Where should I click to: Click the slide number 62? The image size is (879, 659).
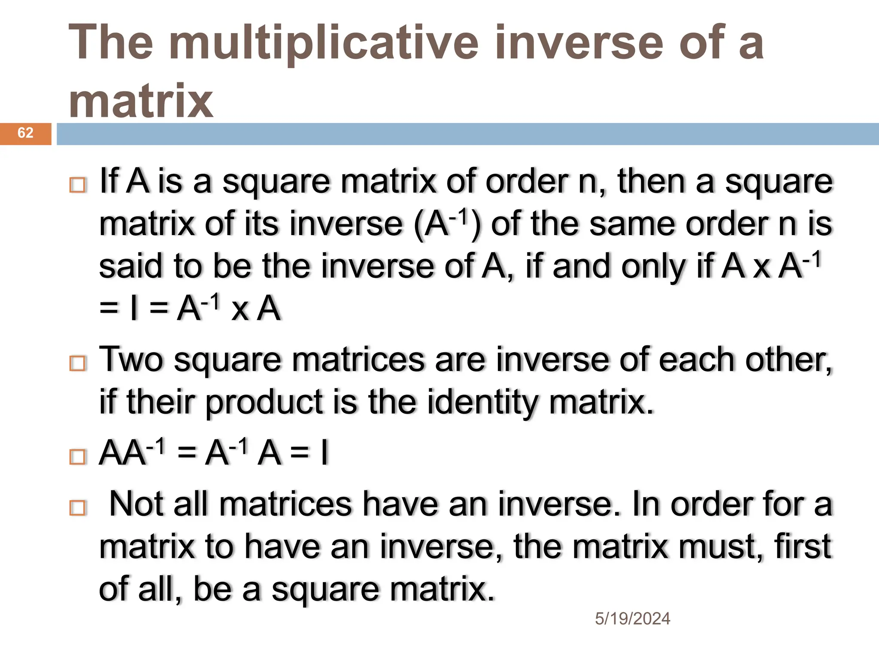25,133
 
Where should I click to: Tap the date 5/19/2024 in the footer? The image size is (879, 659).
632,619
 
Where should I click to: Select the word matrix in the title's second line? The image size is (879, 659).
141,101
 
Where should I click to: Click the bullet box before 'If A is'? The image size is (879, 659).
78,185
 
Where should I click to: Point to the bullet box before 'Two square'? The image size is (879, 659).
78,363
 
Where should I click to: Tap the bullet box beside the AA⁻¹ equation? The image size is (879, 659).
78,456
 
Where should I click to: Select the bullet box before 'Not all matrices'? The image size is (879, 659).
78,508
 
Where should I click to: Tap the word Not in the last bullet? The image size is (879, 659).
136,504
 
